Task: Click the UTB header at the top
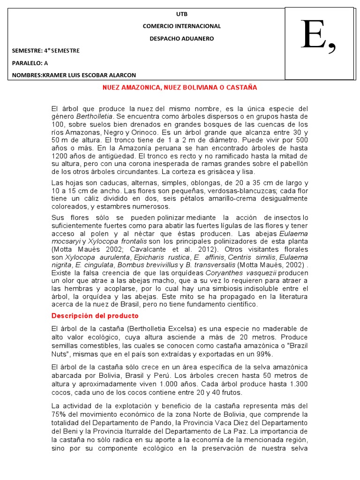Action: point(181,14)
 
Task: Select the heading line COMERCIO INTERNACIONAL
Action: point(181,26)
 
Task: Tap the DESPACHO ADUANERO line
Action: point(181,38)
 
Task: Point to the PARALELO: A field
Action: point(30,63)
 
